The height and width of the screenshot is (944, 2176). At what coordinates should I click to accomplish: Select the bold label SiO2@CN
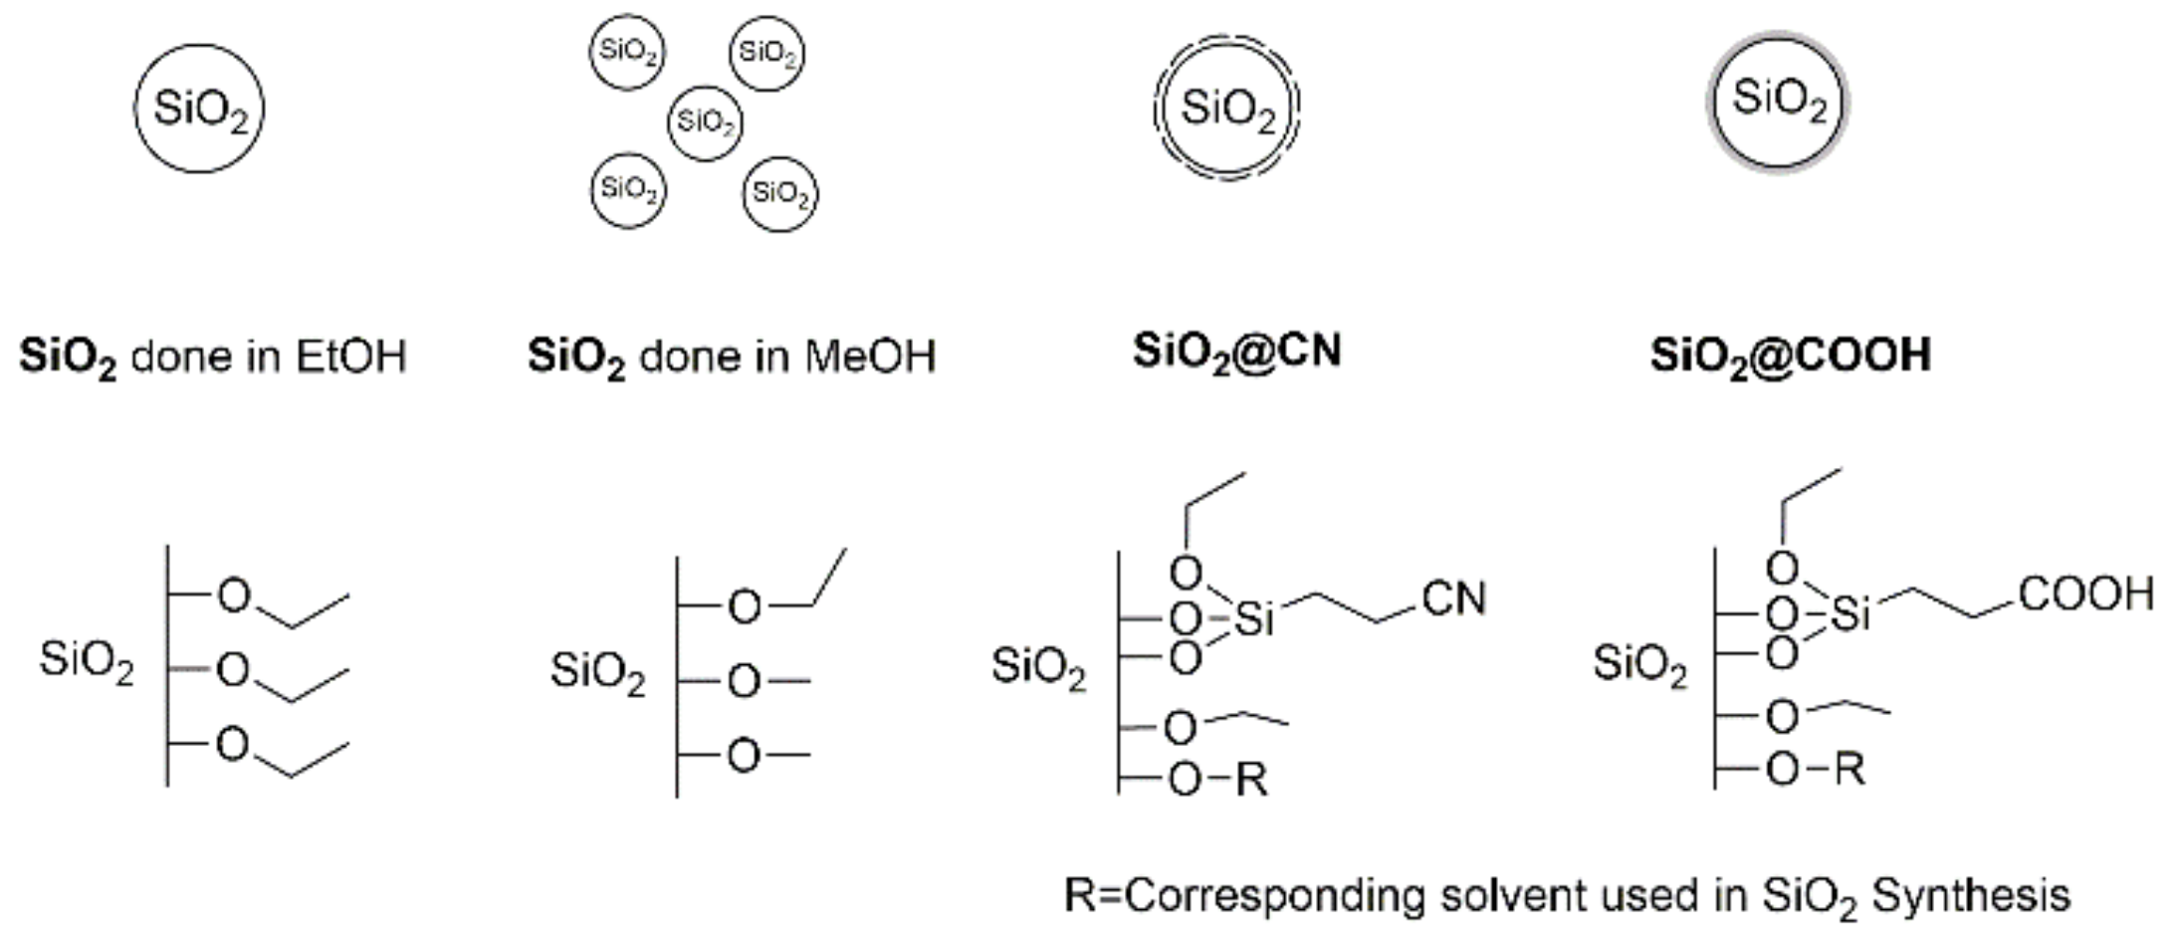(1236, 352)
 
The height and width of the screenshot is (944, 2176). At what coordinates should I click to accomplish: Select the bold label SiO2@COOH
(1790, 354)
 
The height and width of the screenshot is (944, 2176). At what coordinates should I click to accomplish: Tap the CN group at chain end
(1453, 598)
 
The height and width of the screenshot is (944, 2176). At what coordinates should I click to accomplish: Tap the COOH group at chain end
(2085, 593)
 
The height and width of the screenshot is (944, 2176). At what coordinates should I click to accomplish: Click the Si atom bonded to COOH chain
(1850, 614)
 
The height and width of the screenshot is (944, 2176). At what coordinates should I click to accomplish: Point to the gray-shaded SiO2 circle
(1779, 101)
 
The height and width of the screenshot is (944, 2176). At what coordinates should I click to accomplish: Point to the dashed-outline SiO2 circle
(1226, 108)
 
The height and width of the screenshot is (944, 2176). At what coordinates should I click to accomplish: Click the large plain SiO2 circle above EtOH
(199, 108)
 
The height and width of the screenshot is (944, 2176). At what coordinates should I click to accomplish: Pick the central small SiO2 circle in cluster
(705, 122)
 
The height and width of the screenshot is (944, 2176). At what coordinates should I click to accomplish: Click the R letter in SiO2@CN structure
(1251, 780)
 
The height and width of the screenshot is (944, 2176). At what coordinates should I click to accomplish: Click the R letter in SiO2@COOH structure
(1849, 769)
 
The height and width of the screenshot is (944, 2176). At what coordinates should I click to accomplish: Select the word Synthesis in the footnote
(1970, 895)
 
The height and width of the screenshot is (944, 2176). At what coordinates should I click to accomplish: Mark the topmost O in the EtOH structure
(234, 594)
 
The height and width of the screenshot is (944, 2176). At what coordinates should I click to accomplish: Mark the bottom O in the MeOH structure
(744, 756)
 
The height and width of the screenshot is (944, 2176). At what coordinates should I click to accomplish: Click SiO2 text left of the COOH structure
(1639, 663)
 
